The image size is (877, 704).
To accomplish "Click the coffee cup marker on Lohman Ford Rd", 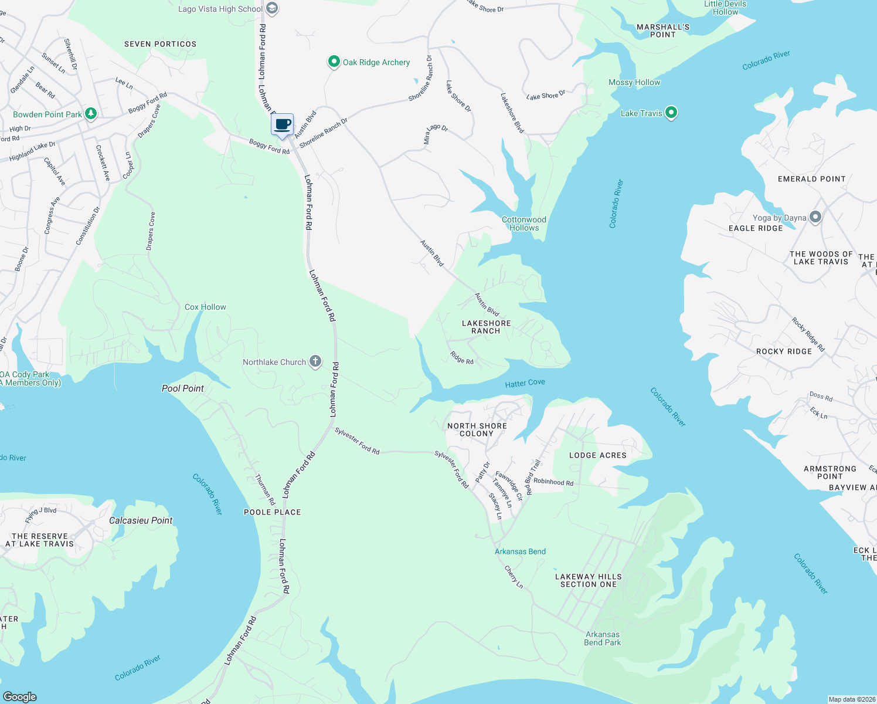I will coord(283,124).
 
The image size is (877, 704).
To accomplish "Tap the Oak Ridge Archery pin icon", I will coord(334,62).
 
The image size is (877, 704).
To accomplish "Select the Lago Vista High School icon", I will coord(271,8).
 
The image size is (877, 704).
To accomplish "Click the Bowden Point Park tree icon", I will coord(91,113).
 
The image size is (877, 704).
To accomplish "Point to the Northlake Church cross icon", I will coord(315,361).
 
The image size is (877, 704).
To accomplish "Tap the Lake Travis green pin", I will coord(671,112).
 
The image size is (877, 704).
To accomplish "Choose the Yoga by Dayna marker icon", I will coord(815,217).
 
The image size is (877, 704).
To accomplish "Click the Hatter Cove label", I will coord(525,383).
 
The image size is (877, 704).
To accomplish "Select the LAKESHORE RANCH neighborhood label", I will coord(486,327).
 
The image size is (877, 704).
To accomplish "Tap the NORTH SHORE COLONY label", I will coord(477,430).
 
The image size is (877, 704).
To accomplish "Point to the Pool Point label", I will coord(183,388).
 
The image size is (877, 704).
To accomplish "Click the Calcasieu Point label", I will coord(141,520).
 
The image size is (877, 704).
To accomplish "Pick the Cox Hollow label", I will coord(205,307).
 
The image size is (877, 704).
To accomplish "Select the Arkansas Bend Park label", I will coord(602,638).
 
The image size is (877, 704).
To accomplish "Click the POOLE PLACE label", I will coord(272,512).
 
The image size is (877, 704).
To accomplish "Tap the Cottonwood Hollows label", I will coord(524,224).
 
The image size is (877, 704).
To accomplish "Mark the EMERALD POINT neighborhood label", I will coord(811,179).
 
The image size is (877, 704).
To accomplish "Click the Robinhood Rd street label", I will coord(553,482).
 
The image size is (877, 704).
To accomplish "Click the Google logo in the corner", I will coord(20,697).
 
